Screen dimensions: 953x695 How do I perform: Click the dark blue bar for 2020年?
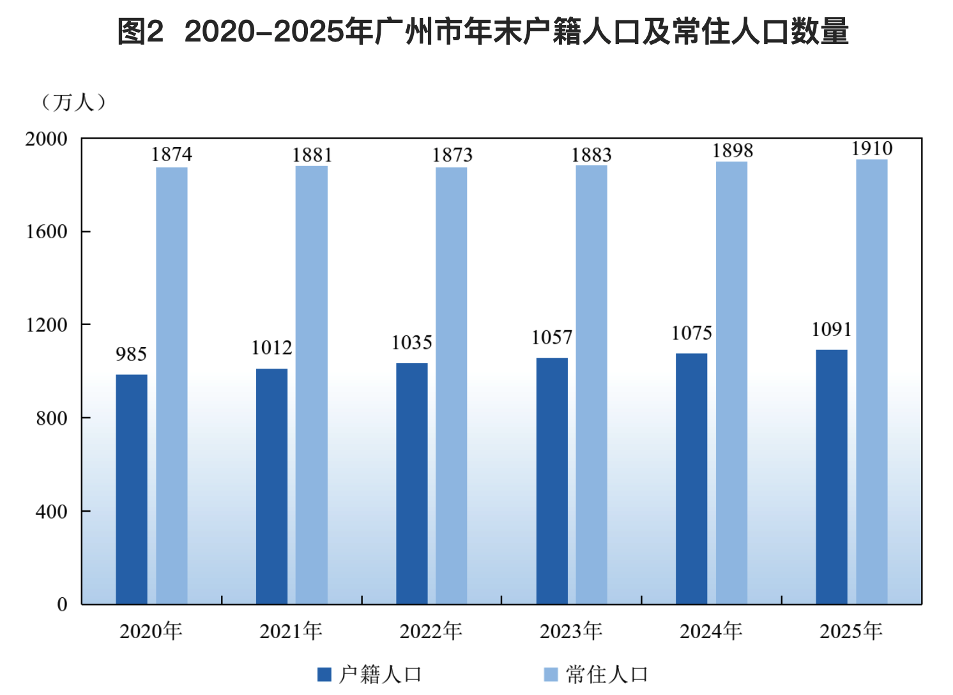[x=132, y=489]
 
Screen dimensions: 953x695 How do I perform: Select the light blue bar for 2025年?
[x=872, y=382]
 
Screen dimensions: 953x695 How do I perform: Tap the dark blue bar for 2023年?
[x=552, y=481]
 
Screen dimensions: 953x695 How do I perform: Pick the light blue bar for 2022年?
[x=452, y=386]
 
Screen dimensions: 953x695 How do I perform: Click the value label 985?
[x=131, y=354]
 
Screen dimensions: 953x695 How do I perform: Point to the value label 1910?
[x=872, y=149]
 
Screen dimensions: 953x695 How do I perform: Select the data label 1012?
[x=271, y=348]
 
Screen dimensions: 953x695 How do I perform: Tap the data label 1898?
[x=733, y=151]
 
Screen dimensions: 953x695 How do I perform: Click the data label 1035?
[x=411, y=342]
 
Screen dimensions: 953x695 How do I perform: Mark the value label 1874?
[x=171, y=155]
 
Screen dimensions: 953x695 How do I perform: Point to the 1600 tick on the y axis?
[x=47, y=231]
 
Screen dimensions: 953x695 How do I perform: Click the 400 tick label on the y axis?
[x=52, y=511]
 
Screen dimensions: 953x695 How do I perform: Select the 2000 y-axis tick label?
[x=47, y=139]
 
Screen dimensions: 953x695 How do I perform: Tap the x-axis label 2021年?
[x=291, y=631]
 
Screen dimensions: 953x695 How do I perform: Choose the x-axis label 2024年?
[x=711, y=631]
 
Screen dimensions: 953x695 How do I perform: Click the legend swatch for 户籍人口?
[x=324, y=675]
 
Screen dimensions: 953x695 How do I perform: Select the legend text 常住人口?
[x=606, y=675]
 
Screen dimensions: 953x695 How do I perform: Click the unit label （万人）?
[x=73, y=103]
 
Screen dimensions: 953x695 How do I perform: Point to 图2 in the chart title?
[x=141, y=32]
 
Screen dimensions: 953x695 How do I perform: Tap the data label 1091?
[x=832, y=330]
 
